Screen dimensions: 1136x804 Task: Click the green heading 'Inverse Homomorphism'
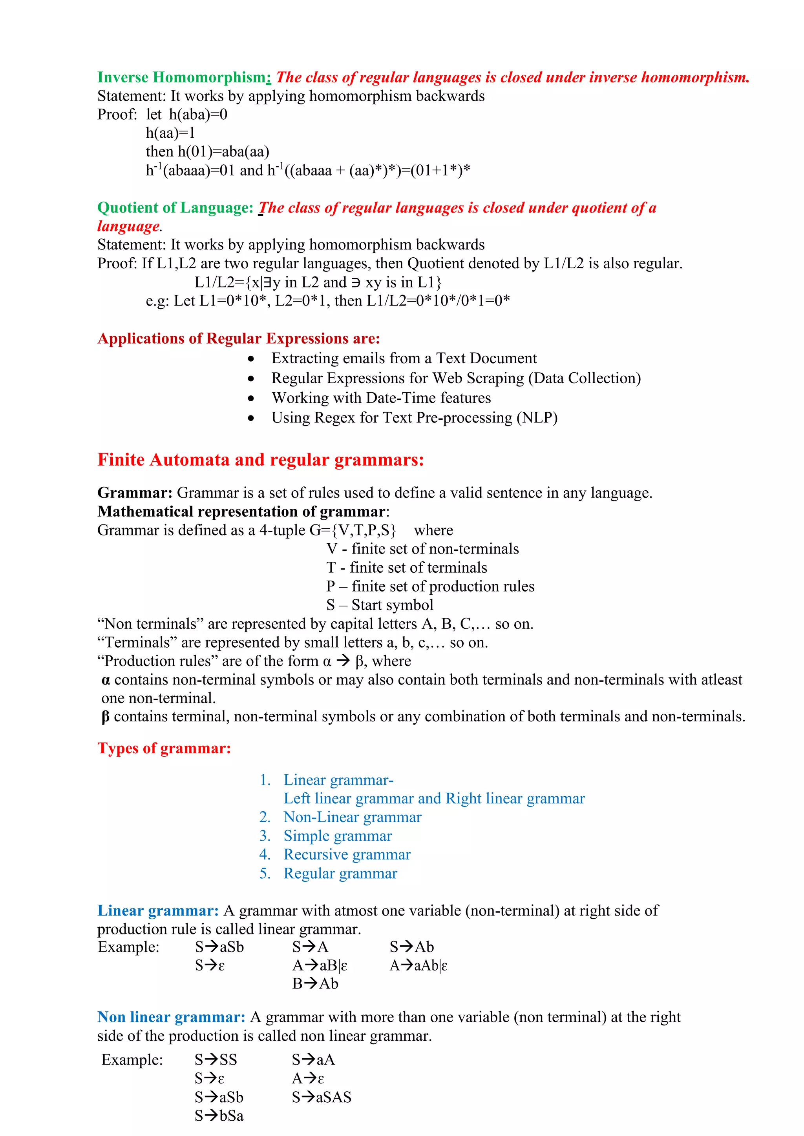coord(181,78)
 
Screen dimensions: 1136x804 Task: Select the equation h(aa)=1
coord(170,133)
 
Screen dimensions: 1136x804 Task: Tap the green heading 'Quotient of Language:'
coord(175,208)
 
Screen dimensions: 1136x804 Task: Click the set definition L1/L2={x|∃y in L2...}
coord(318,282)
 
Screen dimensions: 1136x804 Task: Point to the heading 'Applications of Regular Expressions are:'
coord(239,339)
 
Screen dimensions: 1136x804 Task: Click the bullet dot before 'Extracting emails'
coord(252,359)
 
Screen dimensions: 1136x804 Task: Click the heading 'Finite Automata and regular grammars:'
coord(260,460)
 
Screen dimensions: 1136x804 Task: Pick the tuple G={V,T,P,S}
coord(353,530)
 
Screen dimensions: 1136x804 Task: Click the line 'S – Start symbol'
coord(380,605)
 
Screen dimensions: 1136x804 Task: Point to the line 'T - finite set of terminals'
coord(406,568)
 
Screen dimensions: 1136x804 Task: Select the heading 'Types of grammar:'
coord(164,748)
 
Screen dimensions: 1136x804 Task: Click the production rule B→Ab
coord(315,984)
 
